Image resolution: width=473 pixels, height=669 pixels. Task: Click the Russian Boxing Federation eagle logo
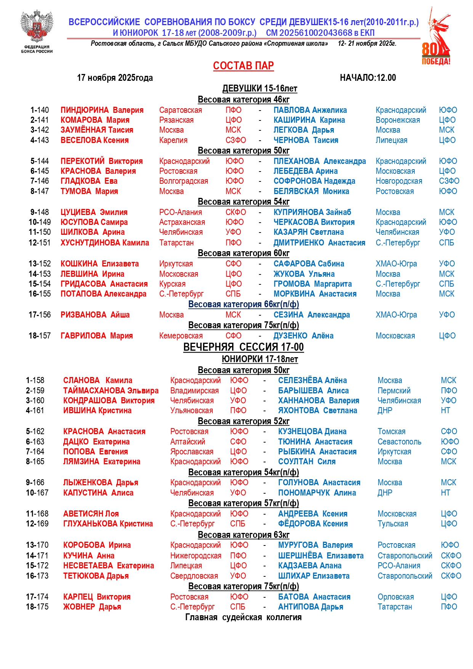pyautogui.click(x=37, y=27)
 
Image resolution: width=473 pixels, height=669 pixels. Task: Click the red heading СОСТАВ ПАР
pyautogui.click(x=243, y=66)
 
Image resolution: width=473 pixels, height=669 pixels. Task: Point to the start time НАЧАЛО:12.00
pyautogui.click(x=368, y=78)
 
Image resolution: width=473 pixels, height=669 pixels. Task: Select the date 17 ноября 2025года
pyautogui.click(x=115, y=78)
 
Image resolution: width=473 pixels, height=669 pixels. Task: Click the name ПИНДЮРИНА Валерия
pyautogui.click(x=102, y=110)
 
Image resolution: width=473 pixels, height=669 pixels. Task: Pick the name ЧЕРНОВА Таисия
pyautogui.click(x=306, y=140)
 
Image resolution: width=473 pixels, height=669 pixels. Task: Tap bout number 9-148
pyautogui.click(x=40, y=212)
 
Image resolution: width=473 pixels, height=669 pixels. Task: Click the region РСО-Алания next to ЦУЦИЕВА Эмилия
pyautogui.click(x=180, y=212)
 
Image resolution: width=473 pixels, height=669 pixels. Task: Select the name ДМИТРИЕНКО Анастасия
pyautogui.click(x=319, y=243)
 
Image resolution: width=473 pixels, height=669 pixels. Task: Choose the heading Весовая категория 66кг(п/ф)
pyautogui.click(x=244, y=305)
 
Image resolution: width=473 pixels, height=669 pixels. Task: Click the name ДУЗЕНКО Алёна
pyautogui.click(x=303, y=336)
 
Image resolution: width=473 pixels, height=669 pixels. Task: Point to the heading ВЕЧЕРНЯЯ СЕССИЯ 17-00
pyautogui.click(x=243, y=347)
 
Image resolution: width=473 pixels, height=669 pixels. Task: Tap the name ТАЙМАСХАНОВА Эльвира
pyautogui.click(x=111, y=391)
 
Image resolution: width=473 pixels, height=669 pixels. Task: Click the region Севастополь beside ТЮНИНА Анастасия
pyautogui.click(x=399, y=442)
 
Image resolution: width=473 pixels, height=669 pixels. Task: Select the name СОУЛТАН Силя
pyautogui.click(x=306, y=462)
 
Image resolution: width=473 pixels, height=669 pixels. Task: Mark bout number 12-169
pyautogui.click(x=37, y=524)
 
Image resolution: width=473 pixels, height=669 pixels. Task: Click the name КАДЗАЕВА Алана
pyautogui.click(x=309, y=566)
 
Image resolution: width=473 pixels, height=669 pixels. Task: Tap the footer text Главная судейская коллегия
pyautogui.click(x=243, y=618)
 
